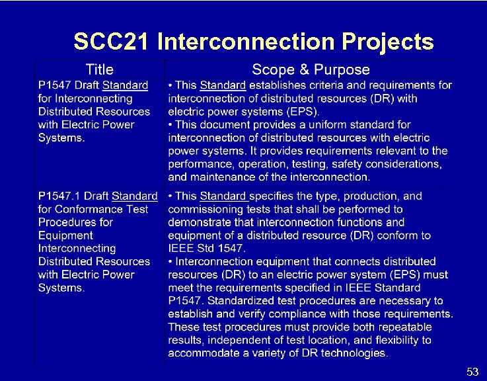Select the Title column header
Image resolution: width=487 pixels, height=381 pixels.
(x=99, y=69)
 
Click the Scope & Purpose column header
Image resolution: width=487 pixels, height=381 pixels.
(x=311, y=69)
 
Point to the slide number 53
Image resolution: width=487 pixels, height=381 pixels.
(x=472, y=372)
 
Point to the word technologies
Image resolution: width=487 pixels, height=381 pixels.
(x=354, y=353)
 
